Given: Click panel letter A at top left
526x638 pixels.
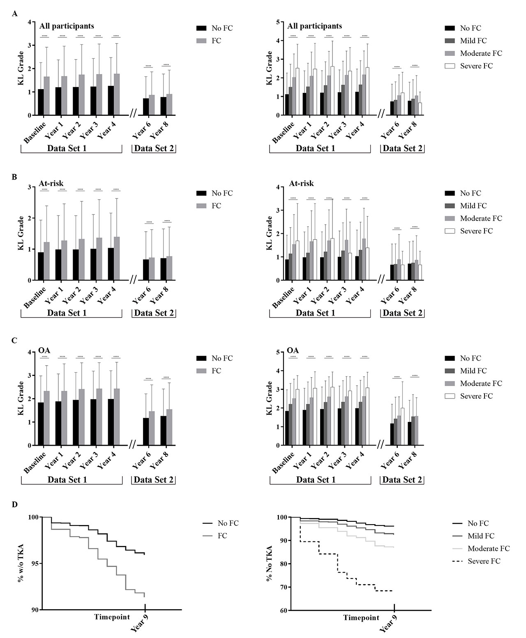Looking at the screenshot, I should click(15, 14).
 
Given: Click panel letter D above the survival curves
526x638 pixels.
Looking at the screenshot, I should click(15, 504).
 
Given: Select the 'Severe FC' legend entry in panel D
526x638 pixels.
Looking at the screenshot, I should click(484, 561).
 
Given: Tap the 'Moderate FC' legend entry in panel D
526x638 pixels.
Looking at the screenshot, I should click(488, 548).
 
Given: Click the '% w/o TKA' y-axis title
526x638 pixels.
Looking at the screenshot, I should click(21, 564).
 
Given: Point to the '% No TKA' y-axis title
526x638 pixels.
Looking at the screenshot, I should click(270, 564).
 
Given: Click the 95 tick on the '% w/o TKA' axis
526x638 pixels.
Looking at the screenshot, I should click(35, 563).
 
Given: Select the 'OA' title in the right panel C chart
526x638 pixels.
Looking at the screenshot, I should click(293, 351).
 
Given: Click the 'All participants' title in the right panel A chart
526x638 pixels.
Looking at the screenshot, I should click(314, 26).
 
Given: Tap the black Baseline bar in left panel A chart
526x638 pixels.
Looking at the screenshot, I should click(41, 102).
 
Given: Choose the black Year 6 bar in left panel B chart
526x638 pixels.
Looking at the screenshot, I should click(146, 270).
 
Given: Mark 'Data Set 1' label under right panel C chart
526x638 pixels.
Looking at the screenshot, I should click(316, 479).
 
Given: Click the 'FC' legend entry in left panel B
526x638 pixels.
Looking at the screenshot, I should click(216, 206).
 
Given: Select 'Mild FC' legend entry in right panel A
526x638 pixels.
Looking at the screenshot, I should click(473, 41).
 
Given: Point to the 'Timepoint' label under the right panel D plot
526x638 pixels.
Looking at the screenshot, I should click(361, 617).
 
